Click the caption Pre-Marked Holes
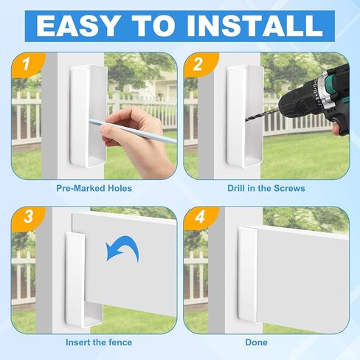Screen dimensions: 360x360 pyautogui.click(x=94, y=188)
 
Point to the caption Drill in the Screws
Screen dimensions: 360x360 pyautogui.click(x=266, y=188)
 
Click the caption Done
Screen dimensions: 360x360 pyautogui.click(x=256, y=342)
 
